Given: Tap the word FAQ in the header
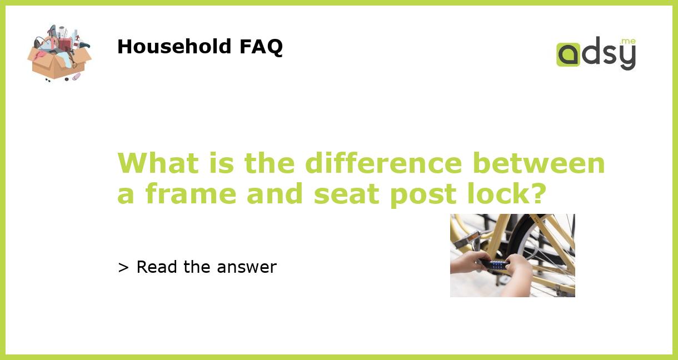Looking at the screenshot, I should pyautogui.click(x=261, y=47).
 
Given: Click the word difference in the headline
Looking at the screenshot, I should pyautogui.click(x=383, y=163).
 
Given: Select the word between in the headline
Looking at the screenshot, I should pyautogui.click(x=539, y=163).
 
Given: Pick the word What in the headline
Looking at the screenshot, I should pyautogui.click(x=150, y=163).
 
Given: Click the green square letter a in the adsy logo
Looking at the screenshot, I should pyautogui.click(x=568, y=55).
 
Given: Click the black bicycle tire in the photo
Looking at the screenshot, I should pyautogui.click(x=517, y=233).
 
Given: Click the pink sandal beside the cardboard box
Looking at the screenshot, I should pyautogui.click(x=76, y=77).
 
